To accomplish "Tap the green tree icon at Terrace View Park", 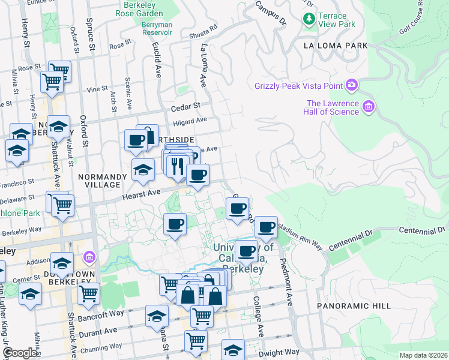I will [x=310, y=20].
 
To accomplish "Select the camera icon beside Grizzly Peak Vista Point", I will [x=352, y=86].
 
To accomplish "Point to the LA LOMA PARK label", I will [x=335, y=46].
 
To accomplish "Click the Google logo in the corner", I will [x=20, y=353].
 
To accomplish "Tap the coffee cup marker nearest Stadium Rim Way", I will [x=266, y=228].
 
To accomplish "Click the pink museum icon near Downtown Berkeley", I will [x=89, y=257].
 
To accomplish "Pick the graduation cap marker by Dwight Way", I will [x=233, y=350].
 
